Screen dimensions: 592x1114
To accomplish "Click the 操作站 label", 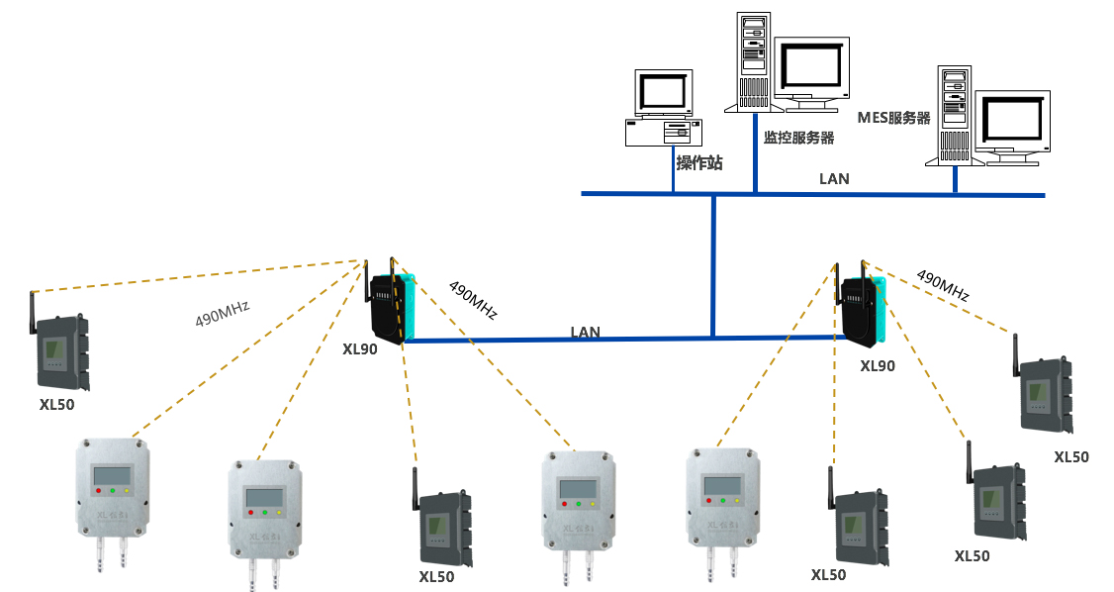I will (698, 163).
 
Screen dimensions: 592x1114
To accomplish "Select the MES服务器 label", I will (893, 118).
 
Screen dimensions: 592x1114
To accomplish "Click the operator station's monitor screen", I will (662, 92).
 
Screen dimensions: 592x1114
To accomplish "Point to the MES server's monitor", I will (1012, 121).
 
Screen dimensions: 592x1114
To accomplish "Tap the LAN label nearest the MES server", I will (834, 179).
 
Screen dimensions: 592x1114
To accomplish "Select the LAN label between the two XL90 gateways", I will (585, 333).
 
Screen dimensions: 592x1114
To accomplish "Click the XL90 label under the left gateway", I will (359, 348).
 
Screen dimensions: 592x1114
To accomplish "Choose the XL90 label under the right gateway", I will (877, 365).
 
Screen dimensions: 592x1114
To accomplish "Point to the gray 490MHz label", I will (222, 313).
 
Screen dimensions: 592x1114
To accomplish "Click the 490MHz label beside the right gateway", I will (941, 285).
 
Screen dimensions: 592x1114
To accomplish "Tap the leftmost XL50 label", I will (57, 404).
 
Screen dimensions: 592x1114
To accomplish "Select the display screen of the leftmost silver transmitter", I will (113, 476).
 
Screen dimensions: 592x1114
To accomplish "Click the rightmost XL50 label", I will (1070, 456).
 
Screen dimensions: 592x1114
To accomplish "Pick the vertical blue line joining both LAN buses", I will (712, 265).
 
